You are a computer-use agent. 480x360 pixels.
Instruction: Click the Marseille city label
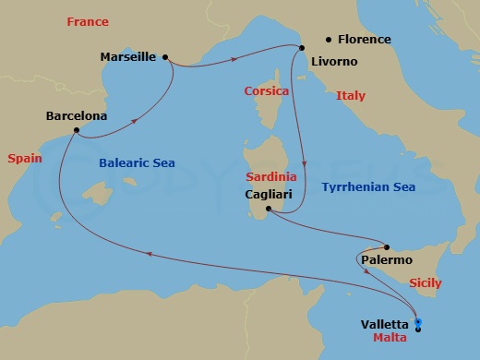pyautogui.click(x=128, y=57)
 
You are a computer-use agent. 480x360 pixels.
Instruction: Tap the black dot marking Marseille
pyautogui.click(x=165, y=57)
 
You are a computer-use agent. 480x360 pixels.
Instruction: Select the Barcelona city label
pyautogui.click(x=76, y=117)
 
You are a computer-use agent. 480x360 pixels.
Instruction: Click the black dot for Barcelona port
pyautogui.click(x=76, y=131)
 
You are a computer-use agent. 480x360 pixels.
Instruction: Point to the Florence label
pyautogui.click(x=364, y=40)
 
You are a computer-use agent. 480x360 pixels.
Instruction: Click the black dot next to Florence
pyautogui.click(x=328, y=40)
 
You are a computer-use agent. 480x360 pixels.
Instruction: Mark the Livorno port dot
pyautogui.click(x=299, y=48)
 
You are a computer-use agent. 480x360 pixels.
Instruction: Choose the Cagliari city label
pyautogui.click(x=271, y=195)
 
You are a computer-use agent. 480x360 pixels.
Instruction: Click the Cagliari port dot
pyautogui.click(x=268, y=210)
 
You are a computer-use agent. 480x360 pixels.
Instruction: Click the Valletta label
pyautogui.click(x=388, y=324)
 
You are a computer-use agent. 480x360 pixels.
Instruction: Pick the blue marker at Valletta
pyautogui.click(x=418, y=323)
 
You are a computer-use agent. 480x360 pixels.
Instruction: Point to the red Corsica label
pyautogui.click(x=267, y=91)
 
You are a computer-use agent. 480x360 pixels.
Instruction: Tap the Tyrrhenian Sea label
pyautogui.click(x=367, y=187)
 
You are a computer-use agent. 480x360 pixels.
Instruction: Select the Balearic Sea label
pyautogui.click(x=137, y=163)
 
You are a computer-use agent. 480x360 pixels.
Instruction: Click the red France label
pyautogui.click(x=87, y=21)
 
